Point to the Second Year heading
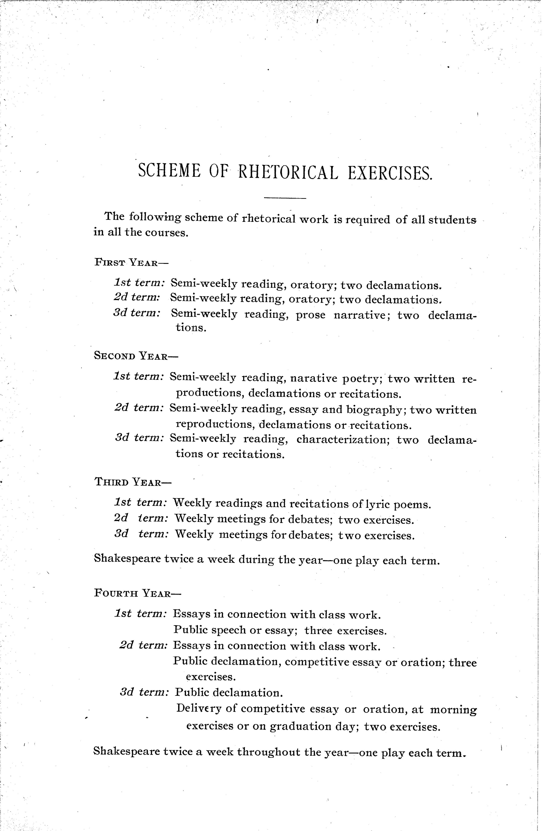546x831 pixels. point(136,356)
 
